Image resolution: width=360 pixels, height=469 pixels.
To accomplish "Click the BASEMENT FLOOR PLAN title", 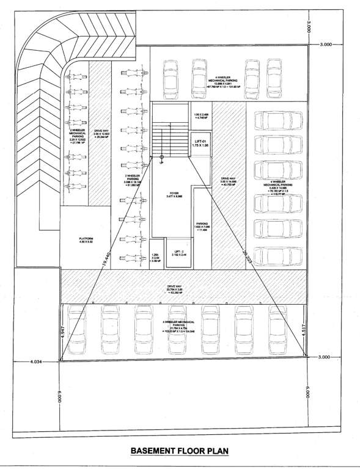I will point(179,451).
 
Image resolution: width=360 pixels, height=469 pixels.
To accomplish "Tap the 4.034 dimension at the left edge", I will point(36,362).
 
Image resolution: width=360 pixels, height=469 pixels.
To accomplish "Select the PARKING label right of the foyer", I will point(202,225).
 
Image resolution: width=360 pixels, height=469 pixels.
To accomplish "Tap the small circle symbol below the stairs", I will point(161,162).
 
